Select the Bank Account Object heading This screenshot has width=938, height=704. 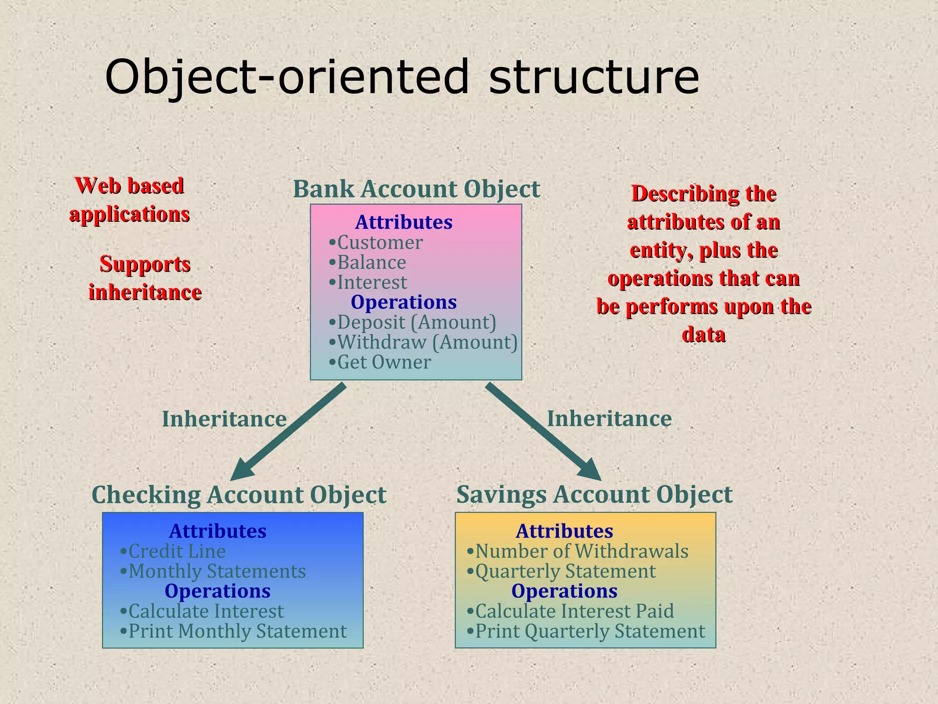click(x=416, y=189)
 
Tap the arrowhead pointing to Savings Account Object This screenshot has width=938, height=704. click(x=588, y=470)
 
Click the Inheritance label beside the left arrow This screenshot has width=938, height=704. click(x=224, y=419)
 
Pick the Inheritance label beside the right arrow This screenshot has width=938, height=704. click(x=609, y=418)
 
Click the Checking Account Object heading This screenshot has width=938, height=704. click(x=239, y=495)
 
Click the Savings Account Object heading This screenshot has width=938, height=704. click(x=594, y=495)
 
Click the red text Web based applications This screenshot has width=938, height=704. click(x=130, y=200)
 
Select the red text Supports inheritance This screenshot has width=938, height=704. click(x=145, y=278)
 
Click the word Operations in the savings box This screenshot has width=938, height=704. click(x=564, y=591)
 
